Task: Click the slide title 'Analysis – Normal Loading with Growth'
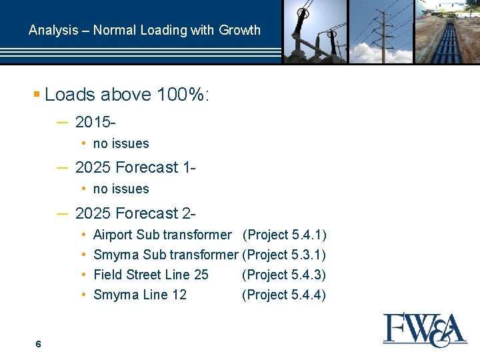145,30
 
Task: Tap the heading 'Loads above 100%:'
127,95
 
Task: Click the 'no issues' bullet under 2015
121,143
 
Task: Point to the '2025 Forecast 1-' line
135,167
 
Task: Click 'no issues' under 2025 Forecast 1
121,189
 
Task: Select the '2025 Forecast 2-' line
135,213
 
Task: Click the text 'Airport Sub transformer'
162,235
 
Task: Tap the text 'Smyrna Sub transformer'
165,255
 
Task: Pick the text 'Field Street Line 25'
151,275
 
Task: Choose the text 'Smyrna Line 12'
140,295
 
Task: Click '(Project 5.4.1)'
284,235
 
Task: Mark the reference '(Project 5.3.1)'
284,255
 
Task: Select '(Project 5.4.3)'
284,275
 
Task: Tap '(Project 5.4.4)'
284,295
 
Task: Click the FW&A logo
425,329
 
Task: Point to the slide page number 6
39,344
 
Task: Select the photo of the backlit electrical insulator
315,31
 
